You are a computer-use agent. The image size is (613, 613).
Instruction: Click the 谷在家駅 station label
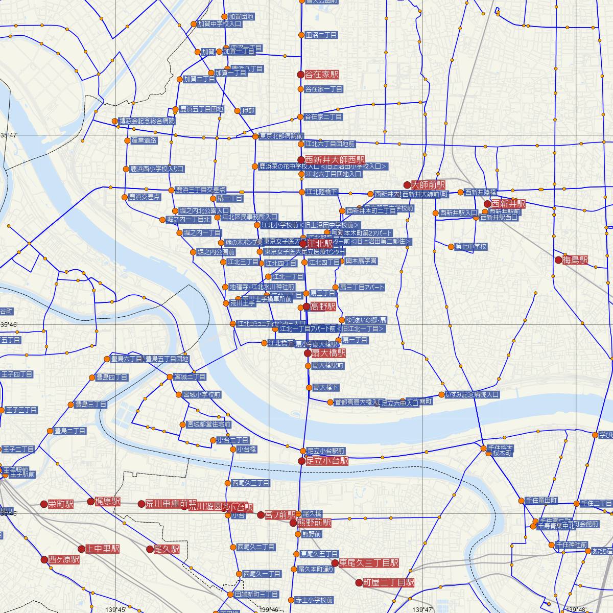[x=321, y=75]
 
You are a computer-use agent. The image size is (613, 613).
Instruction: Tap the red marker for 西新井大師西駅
[x=301, y=160]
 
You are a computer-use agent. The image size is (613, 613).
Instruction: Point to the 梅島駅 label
[x=575, y=260]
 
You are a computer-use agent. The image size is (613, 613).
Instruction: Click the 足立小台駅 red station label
[x=327, y=461]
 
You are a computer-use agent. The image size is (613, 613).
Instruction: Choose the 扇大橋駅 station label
[x=328, y=353]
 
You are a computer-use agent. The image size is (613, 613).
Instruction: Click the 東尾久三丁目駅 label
[x=369, y=563]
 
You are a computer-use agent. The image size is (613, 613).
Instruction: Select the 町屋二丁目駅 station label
[x=388, y=582]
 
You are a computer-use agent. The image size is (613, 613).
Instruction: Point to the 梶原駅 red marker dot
[x=91, y=501]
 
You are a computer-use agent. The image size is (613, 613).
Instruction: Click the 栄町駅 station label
[x=61, y=504]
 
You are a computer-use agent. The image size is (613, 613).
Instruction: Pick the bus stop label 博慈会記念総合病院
[x=147, y=121]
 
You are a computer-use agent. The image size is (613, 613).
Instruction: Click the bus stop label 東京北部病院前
[x=281, y=136]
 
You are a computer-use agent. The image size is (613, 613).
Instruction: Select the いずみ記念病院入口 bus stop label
[x=472, y=394]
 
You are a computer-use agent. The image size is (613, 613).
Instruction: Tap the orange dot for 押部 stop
[x=237, y=111]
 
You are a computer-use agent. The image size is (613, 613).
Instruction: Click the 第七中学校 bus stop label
[x=471, y=247]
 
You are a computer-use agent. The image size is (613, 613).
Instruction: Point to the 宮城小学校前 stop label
[x=202, y=394]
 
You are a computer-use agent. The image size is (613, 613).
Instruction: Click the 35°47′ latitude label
[x=9, y=135]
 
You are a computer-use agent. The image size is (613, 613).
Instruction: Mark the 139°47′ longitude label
[x=422, y=609]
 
